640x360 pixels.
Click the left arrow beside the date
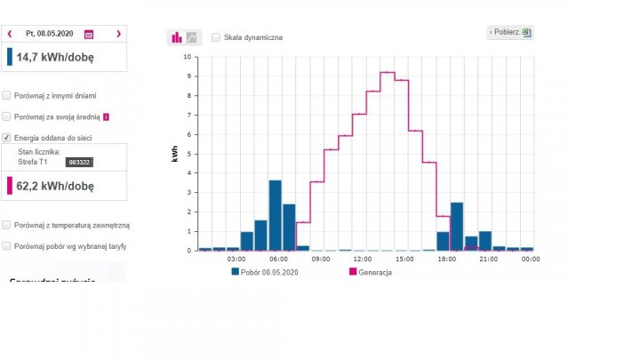pyautogui.click(x=10, y=34)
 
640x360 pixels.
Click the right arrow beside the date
pyautogui.click(x=118, y=34)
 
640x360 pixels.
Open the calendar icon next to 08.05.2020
pyautogui.click(x=89, y=34)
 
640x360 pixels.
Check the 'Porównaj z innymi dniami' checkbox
pyautogui.click(x=7, y=95)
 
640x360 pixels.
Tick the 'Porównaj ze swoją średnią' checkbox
pyautogui.click(x=7, y=116)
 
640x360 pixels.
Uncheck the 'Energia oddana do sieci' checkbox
pyautogui.click(x=7, y=138)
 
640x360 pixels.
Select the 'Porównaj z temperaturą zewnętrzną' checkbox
pyautogui.click(x=7, y=226)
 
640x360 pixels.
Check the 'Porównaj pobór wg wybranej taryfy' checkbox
pyautogui.click(x=7, y=245)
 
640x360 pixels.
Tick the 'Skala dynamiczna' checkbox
pyautogui.click(x=216, y=37)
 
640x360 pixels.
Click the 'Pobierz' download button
pyautogui.click(x=509, y=33)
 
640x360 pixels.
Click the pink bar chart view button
pyautogui.click(x=176, y=37)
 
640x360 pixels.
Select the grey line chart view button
pyautogui.click(x=193, y=37)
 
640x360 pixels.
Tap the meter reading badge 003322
pyautogui.click(x=79, y=162)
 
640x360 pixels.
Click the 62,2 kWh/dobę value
pyautogui.click(x=55, y=186)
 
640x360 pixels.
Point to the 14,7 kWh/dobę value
pyautogui.click(x=55, y=58)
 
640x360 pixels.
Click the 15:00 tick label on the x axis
pyautogui.click(x=404, y=259)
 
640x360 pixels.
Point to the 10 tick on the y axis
pyautogui.click(x=187, y=56)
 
